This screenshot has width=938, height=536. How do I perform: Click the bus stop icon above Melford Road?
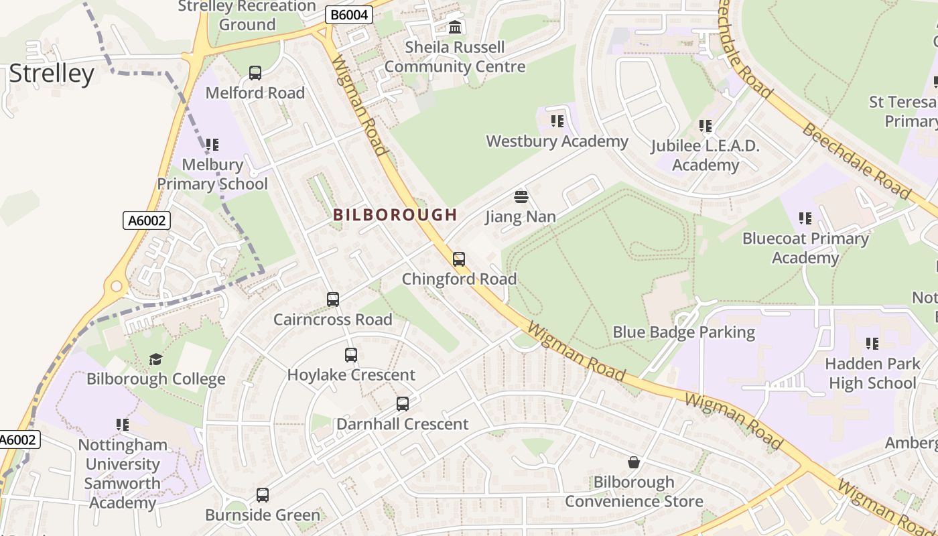[x=255, y=73]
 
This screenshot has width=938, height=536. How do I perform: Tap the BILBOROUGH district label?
[x=395, y=215]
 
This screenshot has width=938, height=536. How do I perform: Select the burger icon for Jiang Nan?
[x=521, y=197]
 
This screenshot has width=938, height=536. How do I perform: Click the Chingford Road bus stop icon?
[x=459, y=259]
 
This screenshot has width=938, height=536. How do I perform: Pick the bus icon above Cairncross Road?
[x=333, y=299]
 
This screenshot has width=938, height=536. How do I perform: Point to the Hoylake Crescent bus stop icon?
[x=351, y=355]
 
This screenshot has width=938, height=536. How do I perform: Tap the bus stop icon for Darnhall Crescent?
[x=403, y=404]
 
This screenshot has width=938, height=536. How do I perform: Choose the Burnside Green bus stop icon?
[x=263, y=495]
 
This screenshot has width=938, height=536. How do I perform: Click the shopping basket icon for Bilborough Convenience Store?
[x=634, y=462]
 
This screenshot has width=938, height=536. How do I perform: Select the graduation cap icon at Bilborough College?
[x=156, y=360]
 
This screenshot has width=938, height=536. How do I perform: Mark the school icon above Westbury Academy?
[x=557, y=121]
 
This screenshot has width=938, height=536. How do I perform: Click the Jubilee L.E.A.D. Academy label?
[x=705, y=155]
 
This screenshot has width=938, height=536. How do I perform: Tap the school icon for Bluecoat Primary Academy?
[x=805, y=218]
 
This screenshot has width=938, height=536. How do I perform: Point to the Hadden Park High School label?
[x=872, y=373]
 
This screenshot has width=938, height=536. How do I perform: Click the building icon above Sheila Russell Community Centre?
[x=456, y=27]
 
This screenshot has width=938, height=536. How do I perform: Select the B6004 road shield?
[x=348, y=15]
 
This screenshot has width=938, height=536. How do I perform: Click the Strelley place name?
[x=52, y=74]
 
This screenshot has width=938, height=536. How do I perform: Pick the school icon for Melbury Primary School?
[x=212, y=145]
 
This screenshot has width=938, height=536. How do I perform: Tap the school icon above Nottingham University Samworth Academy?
[x=123, y=425]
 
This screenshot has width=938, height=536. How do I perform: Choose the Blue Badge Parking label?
[x=683, y=332]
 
